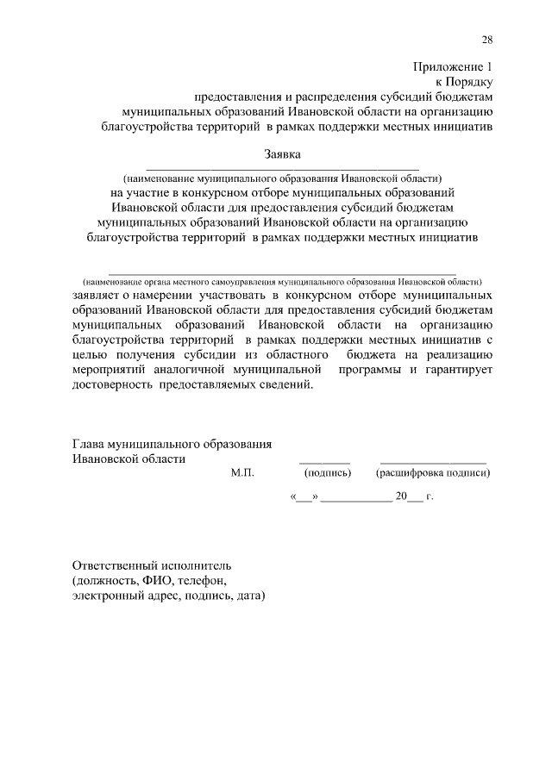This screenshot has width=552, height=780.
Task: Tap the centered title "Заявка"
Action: point(283,156)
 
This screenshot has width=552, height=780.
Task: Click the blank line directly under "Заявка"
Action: point(283,167)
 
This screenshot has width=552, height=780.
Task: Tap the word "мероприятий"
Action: point(109,370)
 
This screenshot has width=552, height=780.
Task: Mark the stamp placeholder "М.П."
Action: point(243,473)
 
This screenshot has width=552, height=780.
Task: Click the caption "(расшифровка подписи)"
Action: point(433,473)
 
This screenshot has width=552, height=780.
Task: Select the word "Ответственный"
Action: point(116,565)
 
